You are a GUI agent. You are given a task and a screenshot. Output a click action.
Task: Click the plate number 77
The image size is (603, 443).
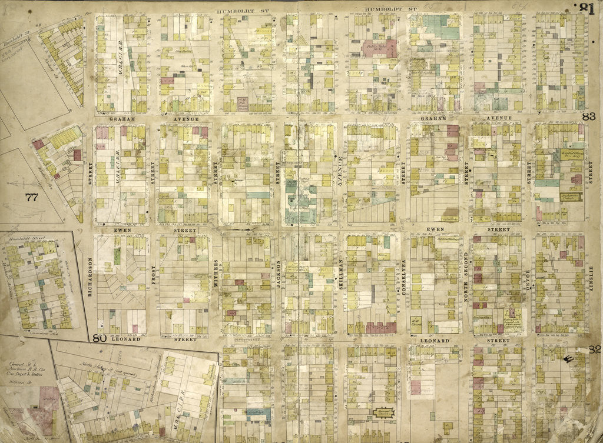[31, 197]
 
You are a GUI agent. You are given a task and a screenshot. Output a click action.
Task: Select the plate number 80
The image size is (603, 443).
[98, 338]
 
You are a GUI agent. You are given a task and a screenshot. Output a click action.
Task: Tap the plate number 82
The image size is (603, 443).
[594, 349]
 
